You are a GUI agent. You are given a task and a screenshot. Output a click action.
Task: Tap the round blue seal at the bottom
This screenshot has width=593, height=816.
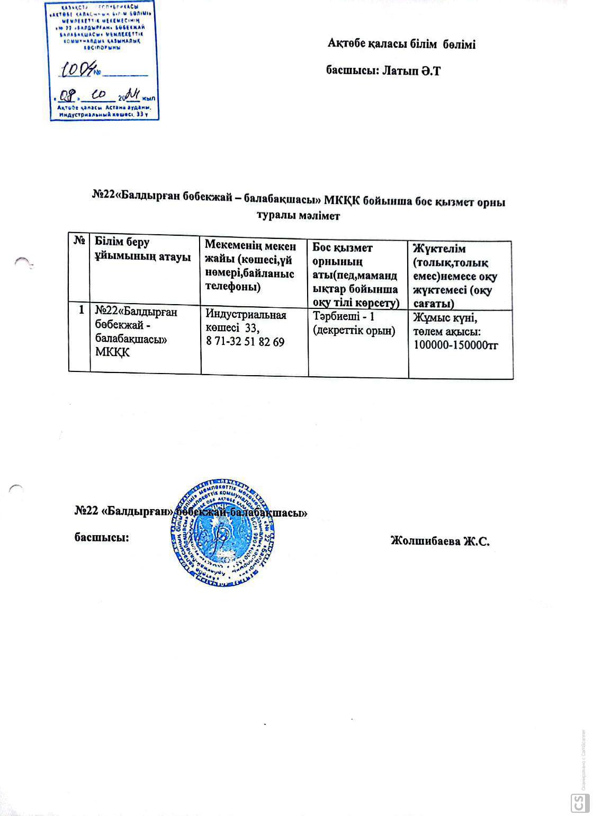tap(222, 534)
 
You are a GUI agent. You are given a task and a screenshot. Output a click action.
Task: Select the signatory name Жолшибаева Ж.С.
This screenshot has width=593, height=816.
tap(439, 541)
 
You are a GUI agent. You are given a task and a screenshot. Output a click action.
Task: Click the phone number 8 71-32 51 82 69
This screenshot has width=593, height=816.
tap(245, 342)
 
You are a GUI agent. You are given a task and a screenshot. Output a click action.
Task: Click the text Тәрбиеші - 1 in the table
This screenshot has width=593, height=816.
tap(344, 316)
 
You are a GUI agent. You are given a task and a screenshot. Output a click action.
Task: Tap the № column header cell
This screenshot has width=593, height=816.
tap(79, 241)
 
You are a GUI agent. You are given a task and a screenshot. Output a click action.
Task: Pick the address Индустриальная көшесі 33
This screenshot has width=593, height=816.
tap(246, 321)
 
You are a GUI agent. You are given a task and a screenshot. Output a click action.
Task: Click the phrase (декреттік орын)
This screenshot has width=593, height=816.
tap(354, 331)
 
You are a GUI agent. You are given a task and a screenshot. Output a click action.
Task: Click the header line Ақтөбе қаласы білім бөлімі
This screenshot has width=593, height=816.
tap(401, 45)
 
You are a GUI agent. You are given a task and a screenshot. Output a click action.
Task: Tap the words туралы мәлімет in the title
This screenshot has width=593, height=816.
tap(298, 216)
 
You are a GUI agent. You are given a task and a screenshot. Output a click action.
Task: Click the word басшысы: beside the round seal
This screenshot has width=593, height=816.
tap(101, 537)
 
